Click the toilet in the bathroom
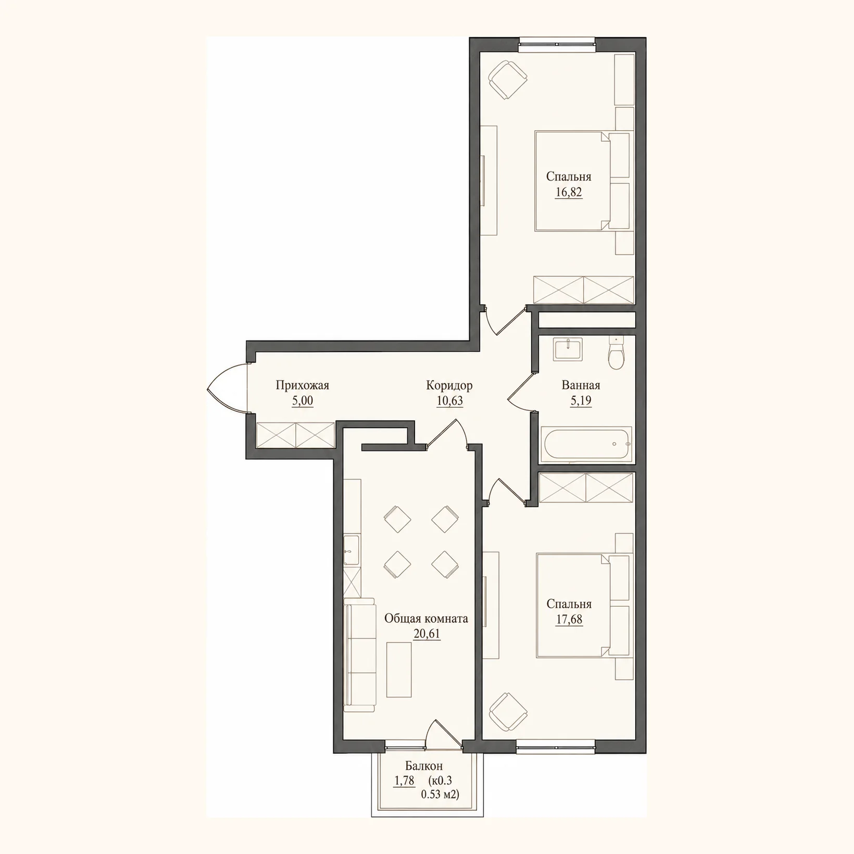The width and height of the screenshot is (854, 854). tap(616, 353)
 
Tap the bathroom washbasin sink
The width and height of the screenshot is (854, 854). tap(568, 349)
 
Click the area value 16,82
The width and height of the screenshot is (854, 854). tap(569, 192)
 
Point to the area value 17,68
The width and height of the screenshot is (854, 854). tap(569, 620)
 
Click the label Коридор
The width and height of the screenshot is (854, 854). tap(449, 385)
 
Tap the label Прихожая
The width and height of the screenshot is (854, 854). tap(303, 385)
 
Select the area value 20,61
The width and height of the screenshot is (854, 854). tap(426, 634)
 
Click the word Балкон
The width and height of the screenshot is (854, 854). tap(424, 766)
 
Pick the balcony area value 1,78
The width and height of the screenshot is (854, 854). tap(405, 781)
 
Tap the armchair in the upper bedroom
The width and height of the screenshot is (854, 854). tap(508, 80)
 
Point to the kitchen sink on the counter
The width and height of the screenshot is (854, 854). tap(351, 550)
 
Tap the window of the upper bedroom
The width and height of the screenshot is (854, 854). tap(557, 44)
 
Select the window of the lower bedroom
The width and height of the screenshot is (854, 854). tap(556, 747)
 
